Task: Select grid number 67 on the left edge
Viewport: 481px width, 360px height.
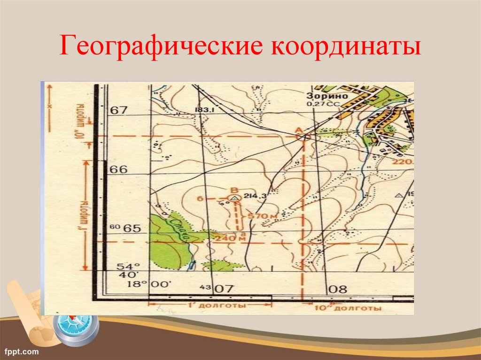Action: (118, 110)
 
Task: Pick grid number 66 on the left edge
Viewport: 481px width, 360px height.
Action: (118, 169)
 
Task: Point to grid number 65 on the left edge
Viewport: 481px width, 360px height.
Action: (132, 229)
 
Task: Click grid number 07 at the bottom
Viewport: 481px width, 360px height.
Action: (224, 289)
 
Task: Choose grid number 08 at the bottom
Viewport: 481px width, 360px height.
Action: (338, 289)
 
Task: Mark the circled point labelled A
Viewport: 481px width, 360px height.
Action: (303, 137)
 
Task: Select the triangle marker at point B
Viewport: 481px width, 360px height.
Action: (234, 199)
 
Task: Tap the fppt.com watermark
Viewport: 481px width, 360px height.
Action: (22, 351)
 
